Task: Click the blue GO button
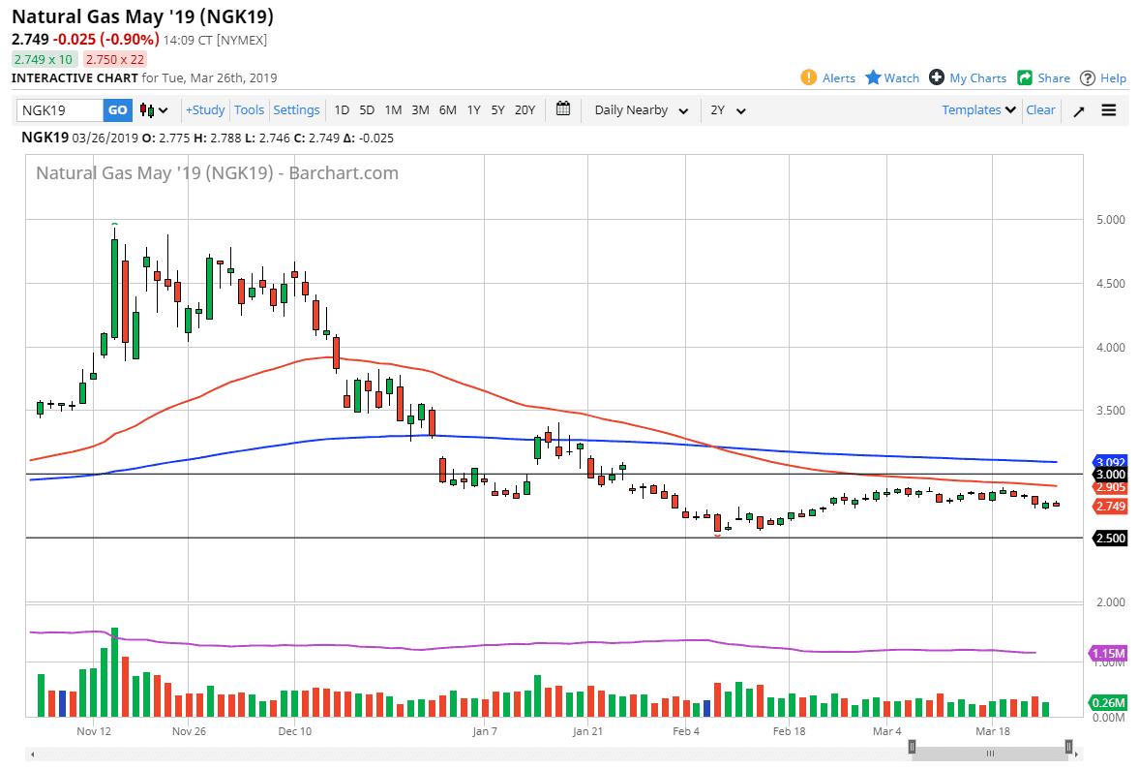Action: (x=117, y=110)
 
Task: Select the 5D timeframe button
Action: (x=367, y=110)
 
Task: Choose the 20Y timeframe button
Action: (x=525, y=110)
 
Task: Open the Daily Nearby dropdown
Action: (x=641, y=110)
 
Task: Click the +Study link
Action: (x=205, y=110)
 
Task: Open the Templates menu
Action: (x=978, y=110)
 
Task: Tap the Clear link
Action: (x=1040, y=110)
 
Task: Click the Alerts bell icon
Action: (x=809, y=77)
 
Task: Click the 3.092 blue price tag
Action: (x=1109, y=462)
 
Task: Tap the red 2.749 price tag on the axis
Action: (x=1109, y=507)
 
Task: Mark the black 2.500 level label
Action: (x=1109, y=538)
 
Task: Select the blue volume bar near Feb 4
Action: (x=706, y=708)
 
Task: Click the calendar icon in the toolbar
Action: (x=564, y=109)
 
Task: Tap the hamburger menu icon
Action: (x=1109, y=110)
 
